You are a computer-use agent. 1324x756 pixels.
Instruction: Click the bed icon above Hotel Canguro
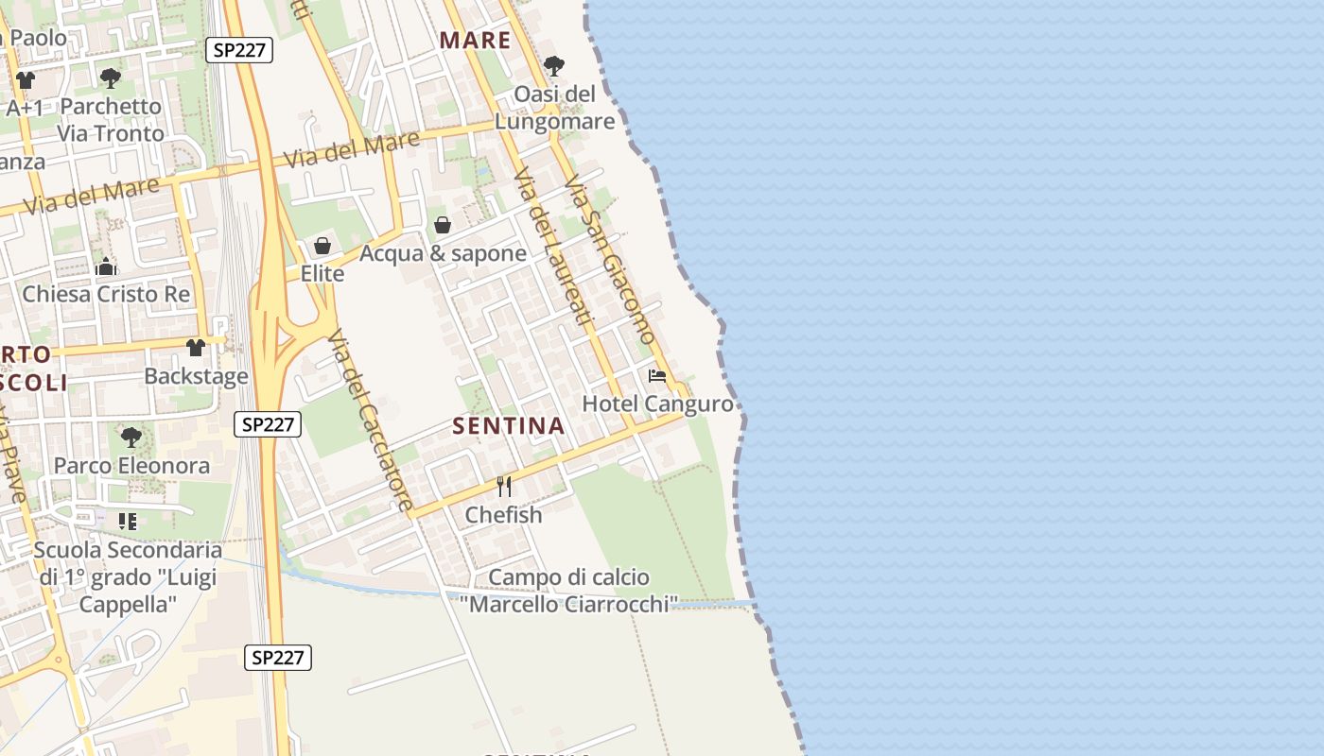(657, 376)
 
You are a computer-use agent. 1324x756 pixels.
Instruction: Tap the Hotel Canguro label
(657, 404)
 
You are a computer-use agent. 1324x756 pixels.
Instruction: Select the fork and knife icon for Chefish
(504, 487)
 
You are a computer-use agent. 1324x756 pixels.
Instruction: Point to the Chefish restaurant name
(503, 515)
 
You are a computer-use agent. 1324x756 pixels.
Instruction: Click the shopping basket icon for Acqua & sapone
(442, 225)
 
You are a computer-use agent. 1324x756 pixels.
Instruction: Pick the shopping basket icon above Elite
(322, 246)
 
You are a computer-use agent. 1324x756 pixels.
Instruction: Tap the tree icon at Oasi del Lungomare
(554, 66)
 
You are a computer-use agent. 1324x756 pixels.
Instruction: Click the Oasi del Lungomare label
(554, 108)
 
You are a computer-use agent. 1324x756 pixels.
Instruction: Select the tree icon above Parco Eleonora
(131, 437)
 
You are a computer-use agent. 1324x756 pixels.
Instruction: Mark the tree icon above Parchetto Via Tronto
(111, 77)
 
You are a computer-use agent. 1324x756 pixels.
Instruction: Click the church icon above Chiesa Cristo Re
(106, 267)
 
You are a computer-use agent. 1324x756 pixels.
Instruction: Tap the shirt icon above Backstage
(196, 348)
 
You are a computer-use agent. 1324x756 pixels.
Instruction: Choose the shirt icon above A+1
(26, 80)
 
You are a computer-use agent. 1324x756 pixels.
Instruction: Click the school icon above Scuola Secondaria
(128, 521)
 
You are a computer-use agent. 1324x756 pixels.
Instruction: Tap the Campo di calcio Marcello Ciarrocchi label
(569, 591)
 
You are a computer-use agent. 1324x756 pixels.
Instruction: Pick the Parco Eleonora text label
(131, 466)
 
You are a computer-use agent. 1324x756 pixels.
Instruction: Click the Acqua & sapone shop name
(443, 253)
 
